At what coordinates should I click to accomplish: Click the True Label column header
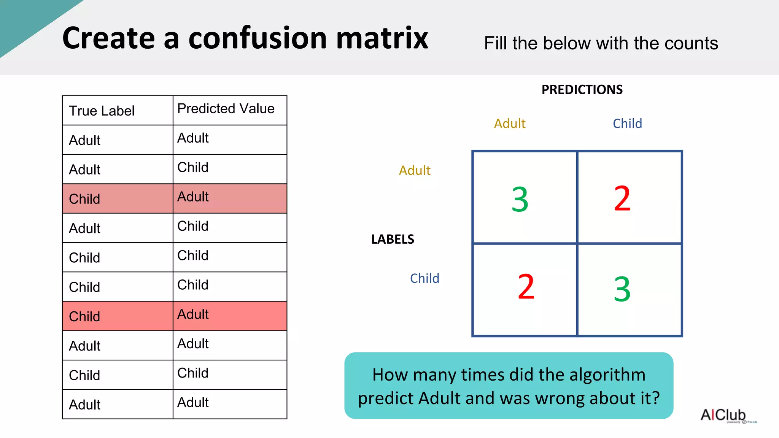102,111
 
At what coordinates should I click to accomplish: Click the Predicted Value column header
226,109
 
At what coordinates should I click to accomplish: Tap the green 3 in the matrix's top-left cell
520,200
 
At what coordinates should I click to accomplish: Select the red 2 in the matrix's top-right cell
622,198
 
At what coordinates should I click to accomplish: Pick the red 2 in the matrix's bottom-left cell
526,287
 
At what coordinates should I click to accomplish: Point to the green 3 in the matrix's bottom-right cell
622,289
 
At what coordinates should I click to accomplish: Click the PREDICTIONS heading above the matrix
582,90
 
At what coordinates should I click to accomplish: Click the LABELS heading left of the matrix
393,239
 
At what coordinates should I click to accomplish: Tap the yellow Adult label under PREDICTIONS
510,124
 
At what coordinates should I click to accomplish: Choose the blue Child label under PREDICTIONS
627,124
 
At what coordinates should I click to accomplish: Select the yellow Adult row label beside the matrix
415,170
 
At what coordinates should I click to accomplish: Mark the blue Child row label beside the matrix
424,278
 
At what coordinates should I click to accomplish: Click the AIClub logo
724,415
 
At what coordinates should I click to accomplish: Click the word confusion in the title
258,38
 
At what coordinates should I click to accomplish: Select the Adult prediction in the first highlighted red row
193,197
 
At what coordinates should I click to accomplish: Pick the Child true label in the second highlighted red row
84,316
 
